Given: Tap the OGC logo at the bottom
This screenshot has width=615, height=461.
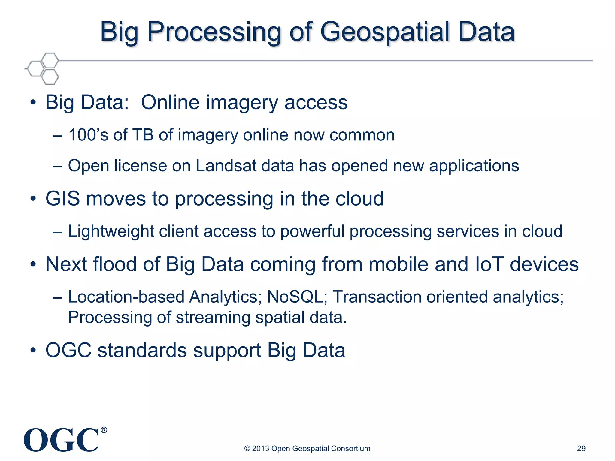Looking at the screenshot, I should (x=61, y=440).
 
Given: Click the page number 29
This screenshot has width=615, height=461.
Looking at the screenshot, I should (x=581, y=448).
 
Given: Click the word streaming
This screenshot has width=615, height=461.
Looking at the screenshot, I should (x=213, y=318).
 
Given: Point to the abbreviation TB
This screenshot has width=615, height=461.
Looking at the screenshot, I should (x=143, y=135).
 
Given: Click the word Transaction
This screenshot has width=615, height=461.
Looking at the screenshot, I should (x=377, y=297).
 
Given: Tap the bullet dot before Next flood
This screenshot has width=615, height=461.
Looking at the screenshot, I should (x=33, y=265).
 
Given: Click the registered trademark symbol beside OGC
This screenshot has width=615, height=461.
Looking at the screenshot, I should (x=104, y=430).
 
